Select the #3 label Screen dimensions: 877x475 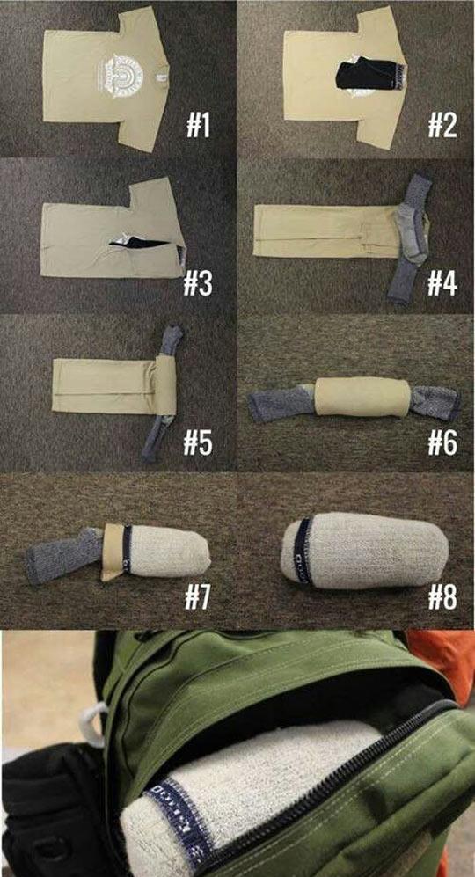[x=202, y=283]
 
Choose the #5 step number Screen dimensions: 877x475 [x=201, y=442]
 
